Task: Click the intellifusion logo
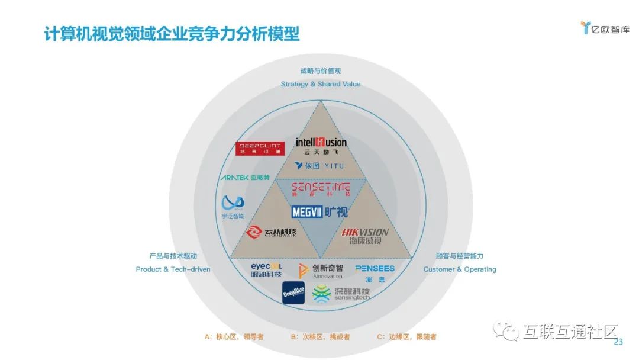point(321,146)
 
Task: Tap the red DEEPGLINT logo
point(262,148)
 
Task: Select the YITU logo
point(319,166)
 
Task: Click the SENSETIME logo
point(321,190)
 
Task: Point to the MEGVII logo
point(320,212)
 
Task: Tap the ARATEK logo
point(244,178)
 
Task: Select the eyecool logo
point(266,270)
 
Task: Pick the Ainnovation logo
point(320,271)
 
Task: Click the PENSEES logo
point(375,272)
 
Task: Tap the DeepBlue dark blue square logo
point(293,293)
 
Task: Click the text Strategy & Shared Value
point(321,84)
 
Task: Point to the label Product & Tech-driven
point(173,269)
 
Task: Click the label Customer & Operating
point(460,269)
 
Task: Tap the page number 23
point(619,342)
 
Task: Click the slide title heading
point(172,34)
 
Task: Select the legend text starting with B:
point(320,337)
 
